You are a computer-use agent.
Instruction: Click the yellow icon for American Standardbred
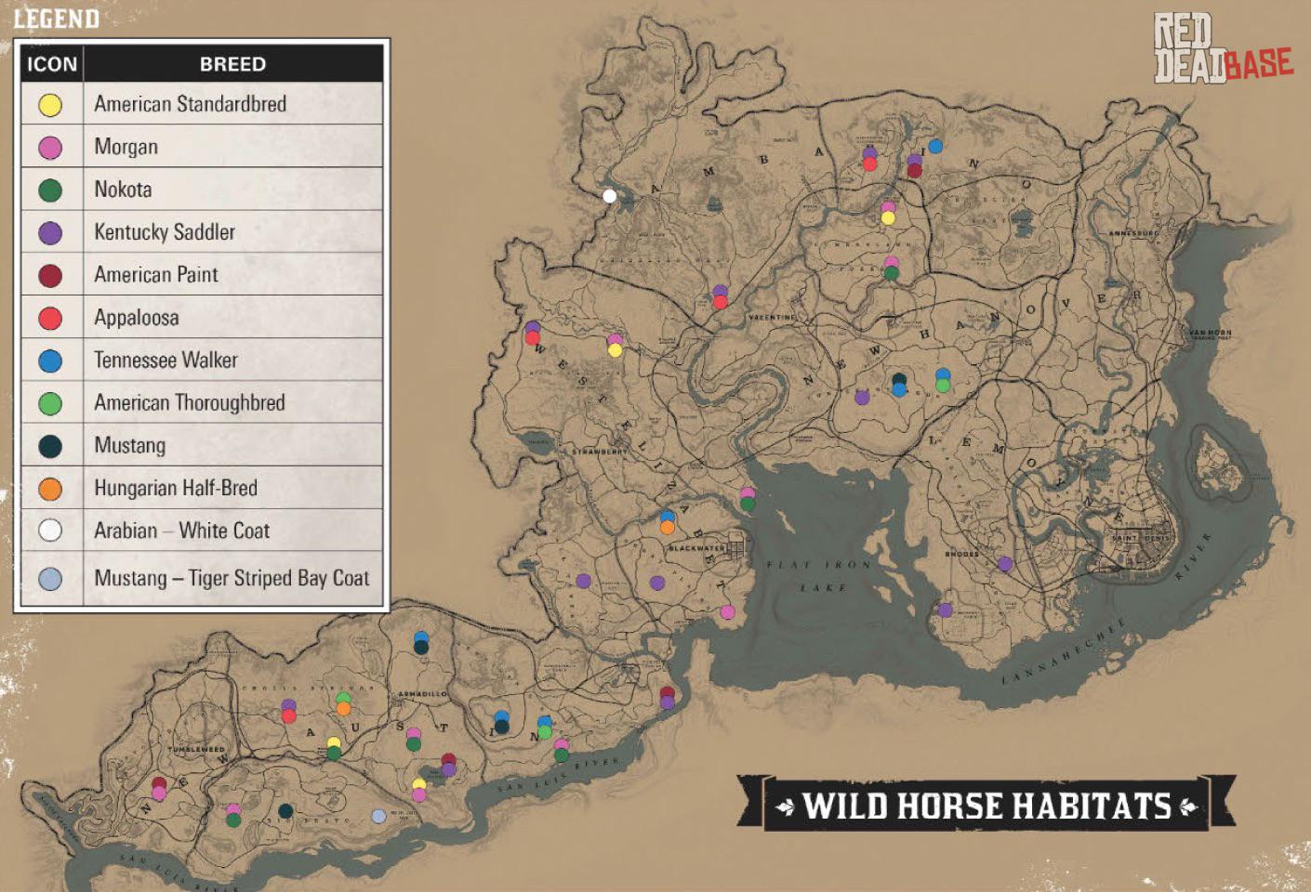[50, 105]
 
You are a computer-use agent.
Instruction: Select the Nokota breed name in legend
[123, 190]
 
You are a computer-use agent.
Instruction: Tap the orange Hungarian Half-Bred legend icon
[50, 489]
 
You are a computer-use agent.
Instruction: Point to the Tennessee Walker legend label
[166, 361]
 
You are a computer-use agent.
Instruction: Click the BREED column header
[232, 64]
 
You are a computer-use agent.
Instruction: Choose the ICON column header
[52, 64]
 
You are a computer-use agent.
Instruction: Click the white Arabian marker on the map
[610, 195]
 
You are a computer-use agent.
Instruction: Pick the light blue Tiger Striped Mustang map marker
[378, 816]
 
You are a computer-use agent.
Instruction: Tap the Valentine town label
[772, 318]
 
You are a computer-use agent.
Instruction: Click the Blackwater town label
[696, 548]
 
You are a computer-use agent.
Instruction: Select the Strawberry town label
[599, 452]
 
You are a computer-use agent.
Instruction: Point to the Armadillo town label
[422, 694]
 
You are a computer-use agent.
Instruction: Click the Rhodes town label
[961, 554]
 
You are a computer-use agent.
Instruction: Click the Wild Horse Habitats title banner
[986, 806]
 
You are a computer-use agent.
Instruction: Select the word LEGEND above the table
[56, 19]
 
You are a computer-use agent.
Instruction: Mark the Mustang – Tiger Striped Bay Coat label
[232, 579]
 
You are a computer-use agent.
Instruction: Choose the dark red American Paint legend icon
[50, 276]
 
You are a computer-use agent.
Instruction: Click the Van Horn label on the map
[1210, 333]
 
